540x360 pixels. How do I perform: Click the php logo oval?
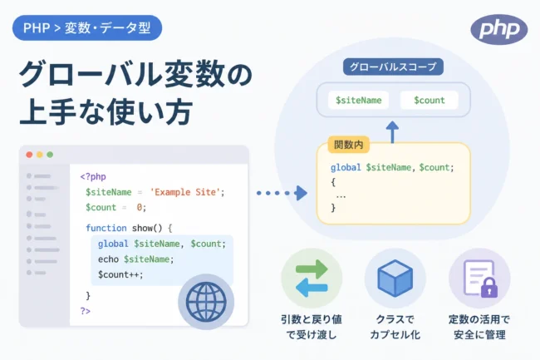point(499,30)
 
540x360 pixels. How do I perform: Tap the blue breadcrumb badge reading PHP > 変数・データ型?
point(87,28)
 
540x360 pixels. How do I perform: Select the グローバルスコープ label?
point(393,67)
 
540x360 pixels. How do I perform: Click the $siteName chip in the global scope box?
point(359,101)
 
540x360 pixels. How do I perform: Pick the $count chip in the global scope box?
point(430,101)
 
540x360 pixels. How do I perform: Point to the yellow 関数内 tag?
point(349,145)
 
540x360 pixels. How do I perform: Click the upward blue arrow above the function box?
point(392,131)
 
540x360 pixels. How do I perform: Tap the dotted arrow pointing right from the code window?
point(282,193)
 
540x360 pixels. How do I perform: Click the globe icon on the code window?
point(206,302)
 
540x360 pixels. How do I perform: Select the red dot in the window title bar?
point(29,155)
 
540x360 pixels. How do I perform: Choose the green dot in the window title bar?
point(50,155)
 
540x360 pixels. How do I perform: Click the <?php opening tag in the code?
point(93,177)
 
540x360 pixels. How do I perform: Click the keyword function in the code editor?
point(106,228)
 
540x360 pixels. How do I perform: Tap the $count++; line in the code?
point(120,274)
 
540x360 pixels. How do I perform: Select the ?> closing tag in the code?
point(85,311)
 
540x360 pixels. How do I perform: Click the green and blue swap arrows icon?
point(312,279)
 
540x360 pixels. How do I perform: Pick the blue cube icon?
point(395,279)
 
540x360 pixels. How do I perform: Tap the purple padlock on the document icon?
point(489,288)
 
